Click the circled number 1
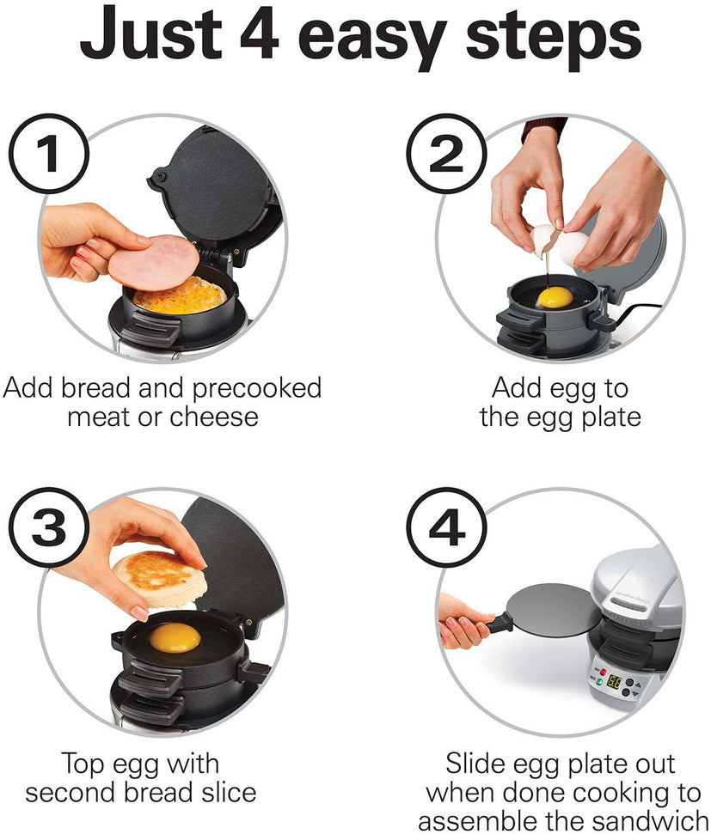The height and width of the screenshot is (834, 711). (x=49, y=155)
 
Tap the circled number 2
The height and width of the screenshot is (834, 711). (x=446, y=155)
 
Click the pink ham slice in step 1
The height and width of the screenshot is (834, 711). (x=154, y=263)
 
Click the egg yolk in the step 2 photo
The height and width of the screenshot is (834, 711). (x=555, y=298)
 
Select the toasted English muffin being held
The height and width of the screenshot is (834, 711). (x=160, y=579)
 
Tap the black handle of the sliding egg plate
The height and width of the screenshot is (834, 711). (x=496, y=624)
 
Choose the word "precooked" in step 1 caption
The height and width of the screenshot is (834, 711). (x=256, y=388)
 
